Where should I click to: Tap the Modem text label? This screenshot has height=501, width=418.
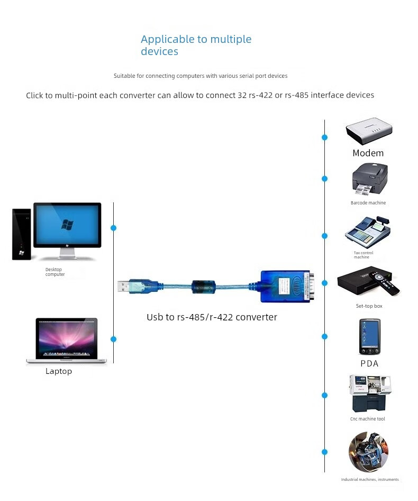(368, 153)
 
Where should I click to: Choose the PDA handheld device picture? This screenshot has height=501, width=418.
(369, 336)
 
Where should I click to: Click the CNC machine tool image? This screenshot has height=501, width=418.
(370, 393)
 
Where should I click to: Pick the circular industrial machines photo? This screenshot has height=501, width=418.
(368, 452)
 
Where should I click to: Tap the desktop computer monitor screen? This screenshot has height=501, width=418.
(67, 224)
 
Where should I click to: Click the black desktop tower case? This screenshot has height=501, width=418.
(21, 234)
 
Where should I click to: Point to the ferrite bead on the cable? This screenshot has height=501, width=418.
(202, 285)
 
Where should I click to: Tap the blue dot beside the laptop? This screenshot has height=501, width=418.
(113, 339)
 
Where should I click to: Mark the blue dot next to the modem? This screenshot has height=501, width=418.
(324, 137)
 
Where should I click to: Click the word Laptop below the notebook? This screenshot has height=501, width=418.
(58, 371)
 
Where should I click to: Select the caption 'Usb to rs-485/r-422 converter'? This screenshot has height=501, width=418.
(212, 317)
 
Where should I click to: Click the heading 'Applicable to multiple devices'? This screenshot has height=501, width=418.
(196, 45)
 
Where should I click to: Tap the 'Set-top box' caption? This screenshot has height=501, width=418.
(369, 307)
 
